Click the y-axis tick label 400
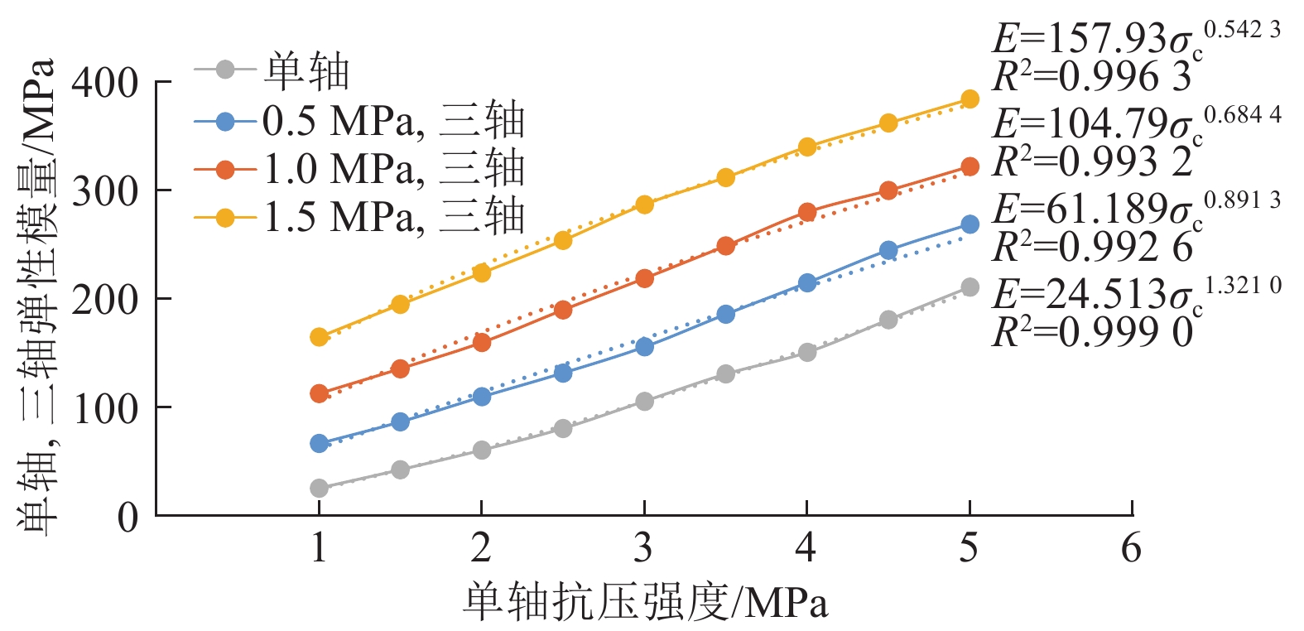tap(104, 83)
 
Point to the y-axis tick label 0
tap(128, 518)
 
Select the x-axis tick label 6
tap(1131, 548)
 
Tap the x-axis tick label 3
tap(643, 548)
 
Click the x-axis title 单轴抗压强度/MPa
tap(645, 602)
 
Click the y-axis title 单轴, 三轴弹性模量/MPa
tap(37, 298)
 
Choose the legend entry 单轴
tap(306, 71)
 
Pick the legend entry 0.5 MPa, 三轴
tap(393, 121)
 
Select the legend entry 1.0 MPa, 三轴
tap(393, 169)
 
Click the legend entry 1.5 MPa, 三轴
tap(393, 217)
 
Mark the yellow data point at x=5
tap(970, 99)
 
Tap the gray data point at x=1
tap(319, 489)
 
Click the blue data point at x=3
tap(644, 347)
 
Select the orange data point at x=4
tap(807, 212)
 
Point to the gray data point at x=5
tap(970, 287)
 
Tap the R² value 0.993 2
tap(1093, 162)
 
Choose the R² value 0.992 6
tap(1093, 247)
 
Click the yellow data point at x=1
tap(319, 337)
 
